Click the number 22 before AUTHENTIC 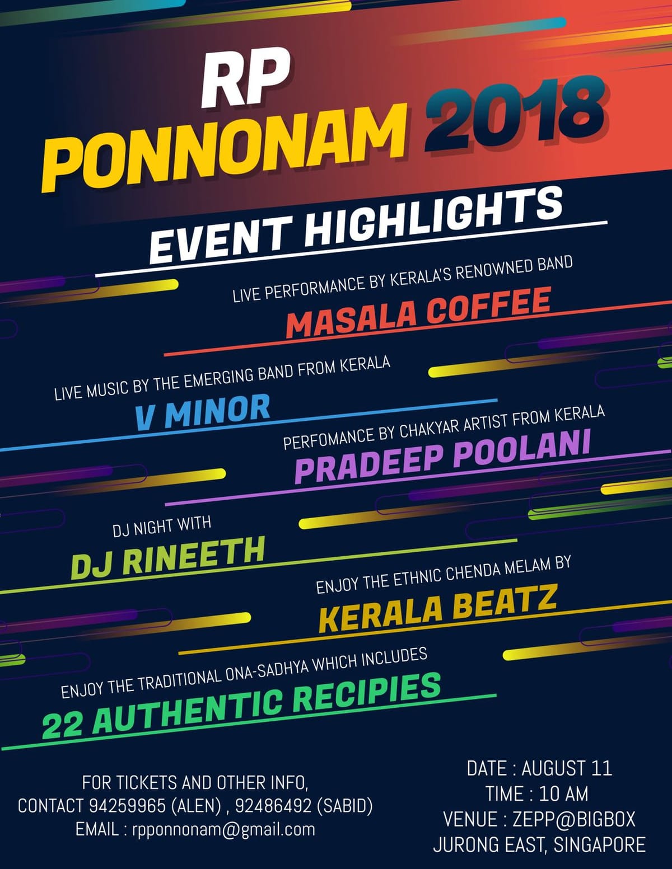point(63,725)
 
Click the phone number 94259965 point(127,806)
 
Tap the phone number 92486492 point(273,806)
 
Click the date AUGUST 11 point(567,768)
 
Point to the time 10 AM point(563,793)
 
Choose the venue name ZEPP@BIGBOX point(574,819)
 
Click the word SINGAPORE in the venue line point(599,844)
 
